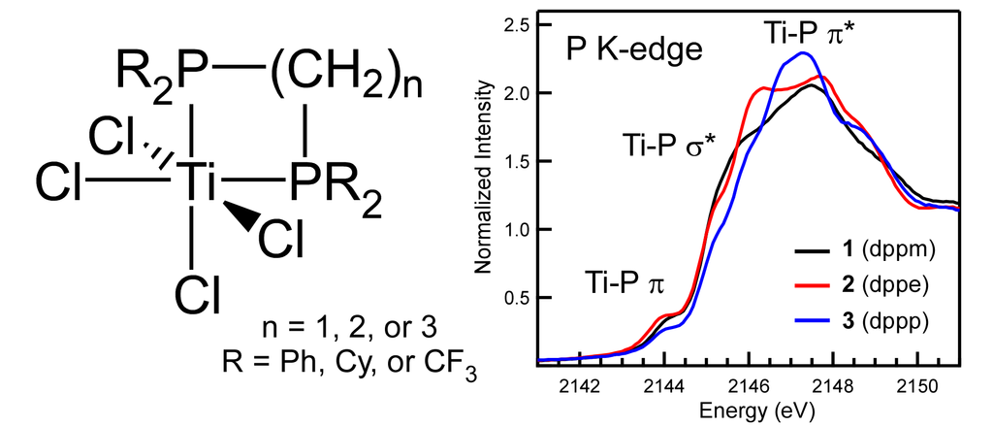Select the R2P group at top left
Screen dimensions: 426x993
click(159, 70)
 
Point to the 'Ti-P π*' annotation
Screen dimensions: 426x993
click(810, 35)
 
